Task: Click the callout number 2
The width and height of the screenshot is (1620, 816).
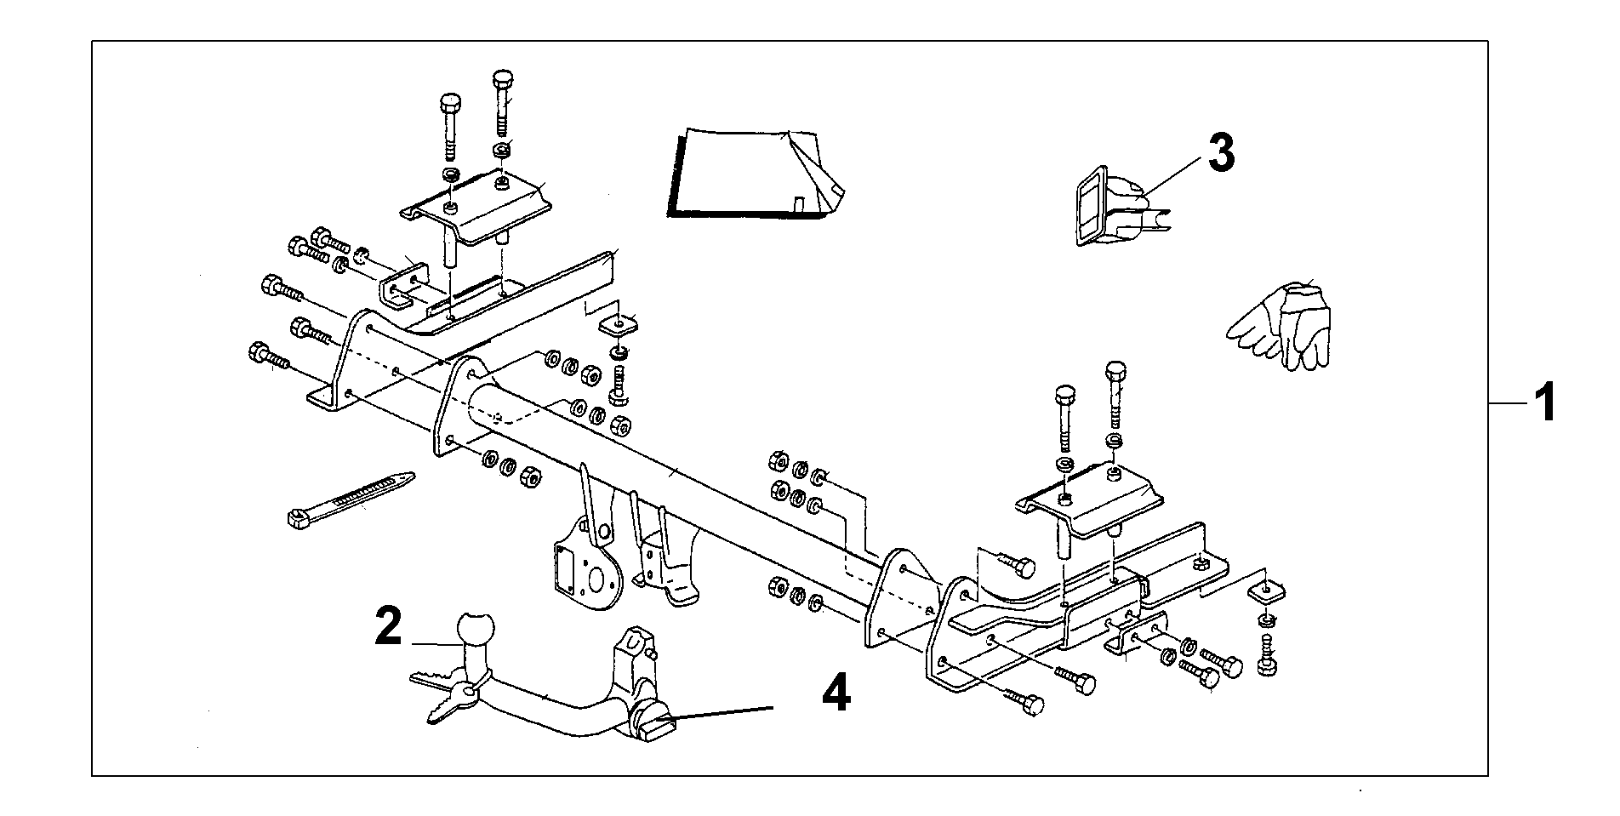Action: point(388,628)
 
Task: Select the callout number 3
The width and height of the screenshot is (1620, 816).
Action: point(1221,154)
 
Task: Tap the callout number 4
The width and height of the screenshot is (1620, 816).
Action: point(836,693)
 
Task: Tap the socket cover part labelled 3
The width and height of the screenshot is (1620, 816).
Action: point(1106,207)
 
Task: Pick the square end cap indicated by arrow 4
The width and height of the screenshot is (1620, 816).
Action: point(657,727)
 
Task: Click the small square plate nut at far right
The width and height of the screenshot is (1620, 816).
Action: point(1266,590)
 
